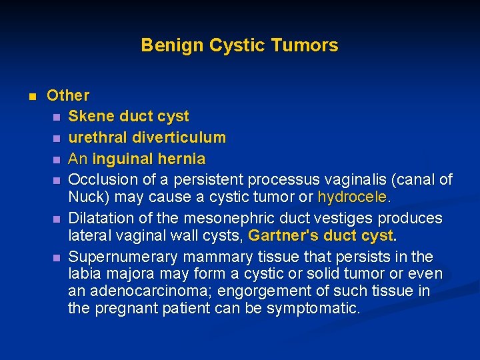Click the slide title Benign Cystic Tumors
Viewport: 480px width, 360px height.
pos(239,45)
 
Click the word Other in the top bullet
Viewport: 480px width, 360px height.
pos(67,96)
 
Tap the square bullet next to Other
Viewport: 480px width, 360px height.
pos(31,96)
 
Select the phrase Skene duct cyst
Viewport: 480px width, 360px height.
pos(129,116)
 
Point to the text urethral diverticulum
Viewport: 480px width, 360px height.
pos(147,137)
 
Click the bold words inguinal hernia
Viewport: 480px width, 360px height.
pos(149,159)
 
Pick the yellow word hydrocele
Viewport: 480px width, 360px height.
pos(352,197)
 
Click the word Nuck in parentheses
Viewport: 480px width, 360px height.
pos(85,197)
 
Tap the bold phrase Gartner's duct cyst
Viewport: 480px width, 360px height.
pos(321,235)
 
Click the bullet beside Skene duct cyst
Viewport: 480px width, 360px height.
pos(57,117)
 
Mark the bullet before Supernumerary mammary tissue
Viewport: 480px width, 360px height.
pos(57,257)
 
